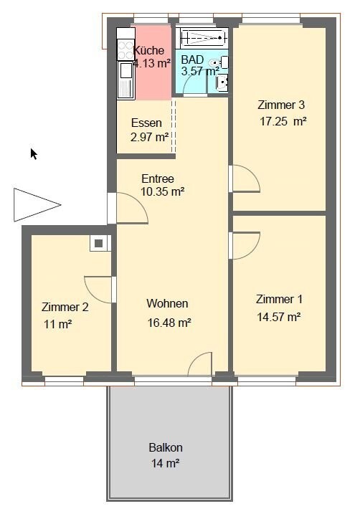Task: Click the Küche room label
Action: (149, 51)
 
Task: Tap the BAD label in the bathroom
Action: (192, 59)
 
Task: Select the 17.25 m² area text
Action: (283, 122)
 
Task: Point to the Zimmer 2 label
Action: (65, 307)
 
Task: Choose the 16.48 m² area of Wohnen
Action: (169, 323)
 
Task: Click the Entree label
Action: (158, 178)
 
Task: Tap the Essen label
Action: (146, 123)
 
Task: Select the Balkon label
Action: (166, 447)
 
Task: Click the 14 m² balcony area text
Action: (164, 463)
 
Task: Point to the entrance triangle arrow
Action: (34, 204)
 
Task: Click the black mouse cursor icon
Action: (33, 153)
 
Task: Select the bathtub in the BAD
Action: (202, 38)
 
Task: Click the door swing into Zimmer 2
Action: (98, 288)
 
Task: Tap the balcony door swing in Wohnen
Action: (201, 364)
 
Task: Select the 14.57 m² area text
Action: (278, 315)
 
